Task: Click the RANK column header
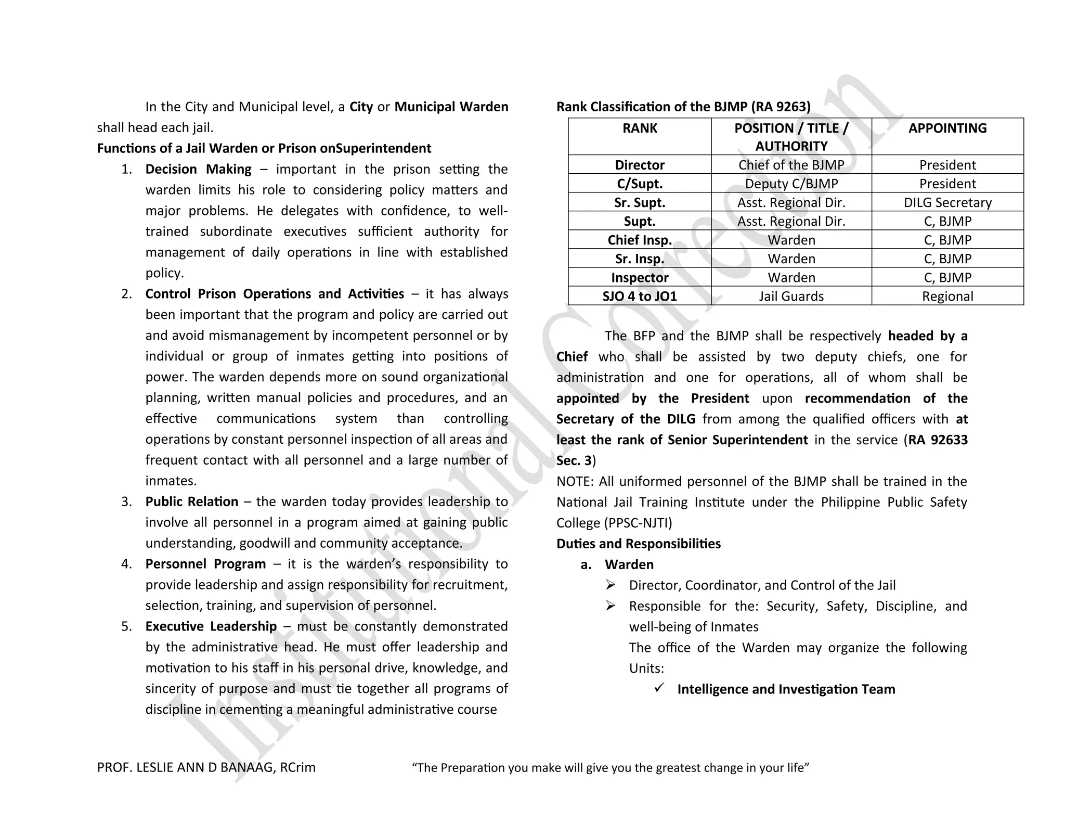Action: (639, 128)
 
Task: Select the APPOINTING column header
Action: (947, 128)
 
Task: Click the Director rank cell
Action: (639, 165)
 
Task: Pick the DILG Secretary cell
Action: (947, 202)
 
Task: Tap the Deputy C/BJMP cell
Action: (791, 184)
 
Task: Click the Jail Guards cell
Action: (791, 296)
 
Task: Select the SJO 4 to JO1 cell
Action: (639, 296)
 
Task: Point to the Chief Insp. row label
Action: (639, 240)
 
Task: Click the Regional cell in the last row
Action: (947, 296)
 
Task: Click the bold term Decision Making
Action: (198, 169)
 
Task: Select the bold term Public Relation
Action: (191, 501)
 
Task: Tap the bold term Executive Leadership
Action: (211, 626)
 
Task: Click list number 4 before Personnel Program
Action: (126, 564)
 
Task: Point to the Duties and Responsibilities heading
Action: (638, 544)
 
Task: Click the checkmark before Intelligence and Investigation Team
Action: (659, 688)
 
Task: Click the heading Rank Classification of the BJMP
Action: (683, 107)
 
